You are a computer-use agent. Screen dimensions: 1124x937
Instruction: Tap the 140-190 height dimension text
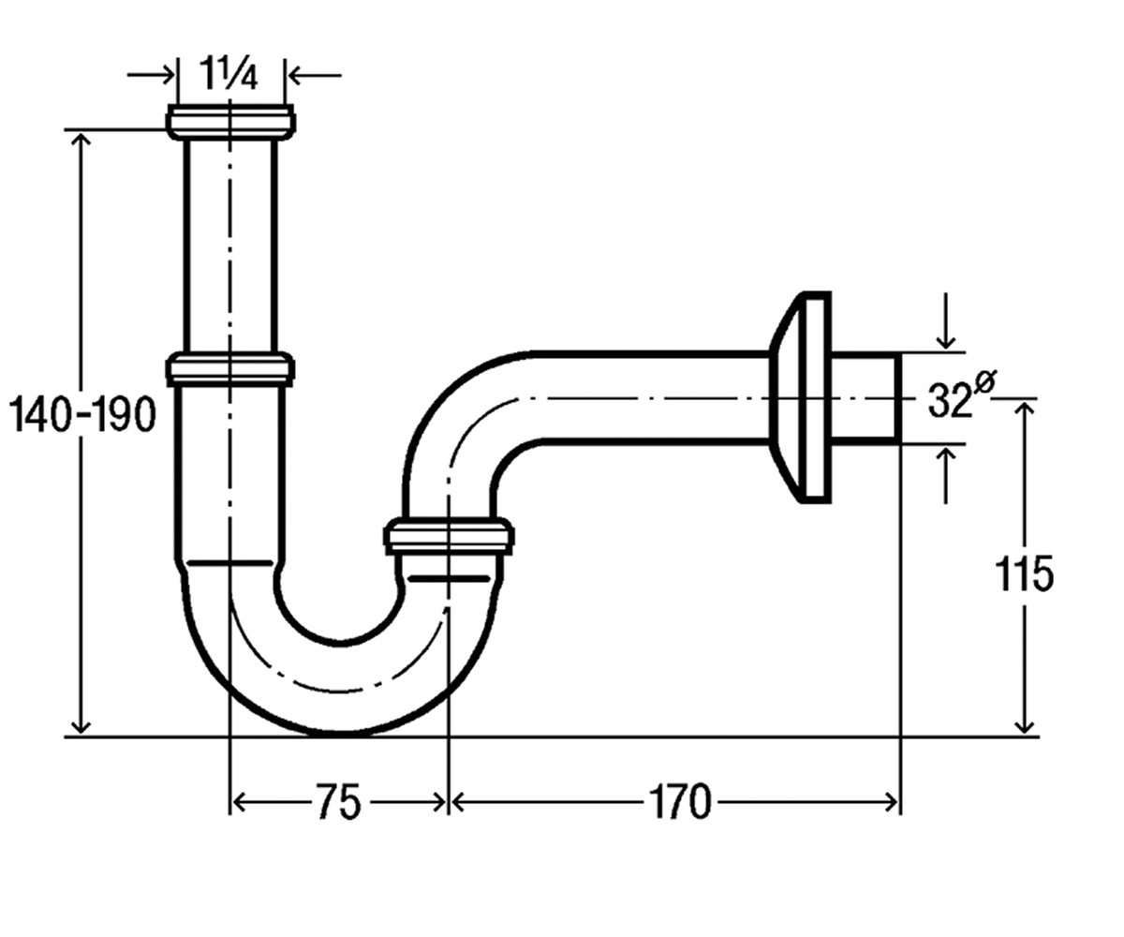click(83, 415)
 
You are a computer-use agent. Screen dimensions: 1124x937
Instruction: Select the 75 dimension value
click(338, 802)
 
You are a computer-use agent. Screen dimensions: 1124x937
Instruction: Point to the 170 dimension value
click(680, 802)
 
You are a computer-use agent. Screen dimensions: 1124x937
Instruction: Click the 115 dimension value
click(1022, 574)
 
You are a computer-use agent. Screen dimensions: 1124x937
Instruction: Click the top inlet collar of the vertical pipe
click(230, 122)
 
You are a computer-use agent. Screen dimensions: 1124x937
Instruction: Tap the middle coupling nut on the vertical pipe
click(230, 369)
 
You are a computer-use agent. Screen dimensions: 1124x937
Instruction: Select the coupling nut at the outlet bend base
click(449, 536)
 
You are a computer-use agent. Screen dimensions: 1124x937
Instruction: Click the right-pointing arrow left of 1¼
click(151, 75)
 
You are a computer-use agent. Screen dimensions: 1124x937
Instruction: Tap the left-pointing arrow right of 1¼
click(314, 75)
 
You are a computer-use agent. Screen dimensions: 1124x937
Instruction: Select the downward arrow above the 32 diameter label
click(946, 321)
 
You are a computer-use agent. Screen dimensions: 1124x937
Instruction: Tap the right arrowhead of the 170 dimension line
click(891, 803)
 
